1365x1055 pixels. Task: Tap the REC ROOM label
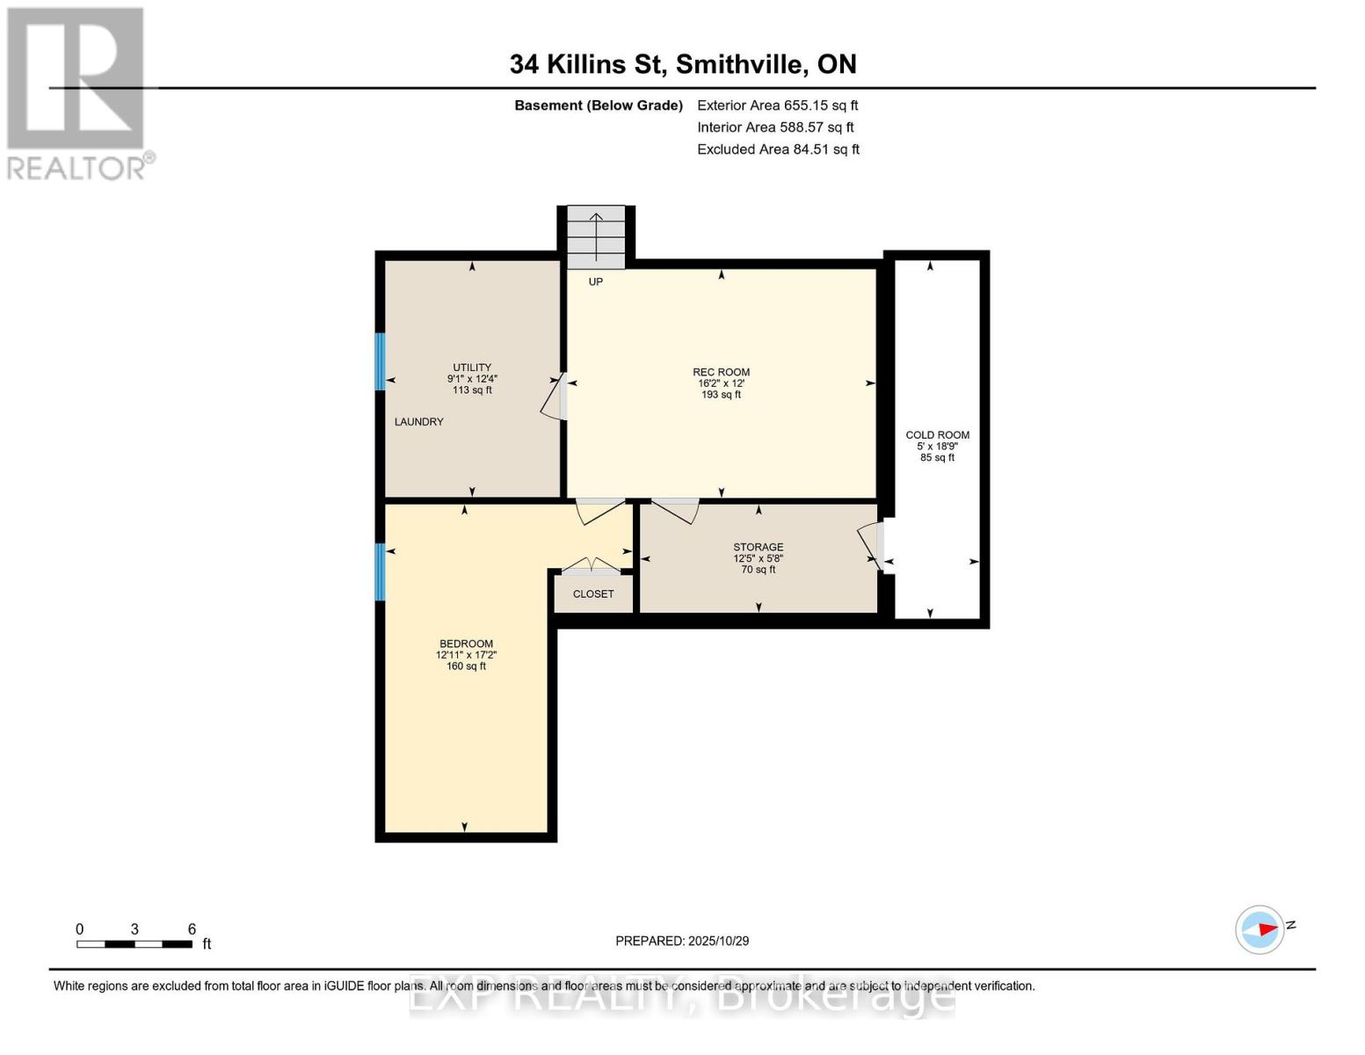[721, 373]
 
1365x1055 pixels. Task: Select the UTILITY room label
[472, 368]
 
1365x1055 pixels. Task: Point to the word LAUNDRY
[418, 422]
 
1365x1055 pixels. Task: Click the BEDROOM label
[466, 644]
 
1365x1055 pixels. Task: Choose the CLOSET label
[593, 594]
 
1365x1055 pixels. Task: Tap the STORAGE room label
[758, 548]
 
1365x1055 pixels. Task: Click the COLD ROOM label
[937, 435]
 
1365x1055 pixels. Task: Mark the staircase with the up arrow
[596, 237]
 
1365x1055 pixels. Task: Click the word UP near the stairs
[596, 282]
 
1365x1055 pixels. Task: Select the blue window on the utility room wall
[381, 361]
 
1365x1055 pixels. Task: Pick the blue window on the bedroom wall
[381, 571]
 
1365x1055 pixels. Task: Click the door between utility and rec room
[555, 397]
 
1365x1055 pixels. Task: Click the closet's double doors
[592, 565]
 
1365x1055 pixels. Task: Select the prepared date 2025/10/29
[682, 941]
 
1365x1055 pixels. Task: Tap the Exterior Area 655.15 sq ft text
[777, 105]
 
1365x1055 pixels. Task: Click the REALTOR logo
[77, 93]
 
